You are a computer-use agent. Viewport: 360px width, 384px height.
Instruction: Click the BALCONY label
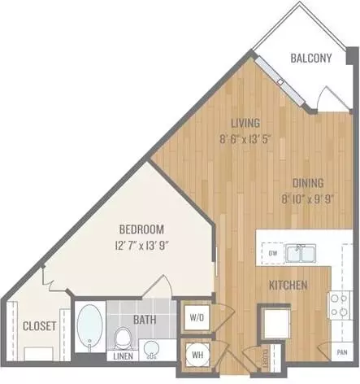[311, 58]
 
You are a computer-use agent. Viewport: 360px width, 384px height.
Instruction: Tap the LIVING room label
[245, 123]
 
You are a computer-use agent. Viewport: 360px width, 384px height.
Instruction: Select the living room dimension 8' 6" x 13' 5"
[245, 139]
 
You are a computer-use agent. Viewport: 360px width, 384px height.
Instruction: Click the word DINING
[308, 183]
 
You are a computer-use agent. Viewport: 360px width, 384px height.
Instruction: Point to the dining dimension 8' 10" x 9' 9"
[307, 199]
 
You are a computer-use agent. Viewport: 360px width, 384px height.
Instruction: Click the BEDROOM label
[141, 229]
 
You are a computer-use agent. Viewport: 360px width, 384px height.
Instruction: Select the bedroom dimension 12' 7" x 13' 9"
[142, 246]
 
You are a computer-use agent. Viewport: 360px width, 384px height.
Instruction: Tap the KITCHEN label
[288, 285]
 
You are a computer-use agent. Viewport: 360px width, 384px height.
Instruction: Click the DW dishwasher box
[273, 253]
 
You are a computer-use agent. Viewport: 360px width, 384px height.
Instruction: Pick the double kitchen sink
[301, 253]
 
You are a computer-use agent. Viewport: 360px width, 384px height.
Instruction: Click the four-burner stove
[340, 305]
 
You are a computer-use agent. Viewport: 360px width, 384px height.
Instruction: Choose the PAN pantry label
[342, 352]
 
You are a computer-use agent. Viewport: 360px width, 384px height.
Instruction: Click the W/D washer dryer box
[197, 317]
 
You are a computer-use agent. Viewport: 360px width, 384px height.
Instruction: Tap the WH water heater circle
[197, 355]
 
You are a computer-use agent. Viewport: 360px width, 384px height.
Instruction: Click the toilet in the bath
[123, 338]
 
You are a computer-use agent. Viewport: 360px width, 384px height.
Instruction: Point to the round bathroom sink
[150, 348]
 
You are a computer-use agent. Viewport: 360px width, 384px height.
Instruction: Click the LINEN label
[123, 356]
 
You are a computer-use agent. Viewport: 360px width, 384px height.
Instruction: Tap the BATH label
[145, 320]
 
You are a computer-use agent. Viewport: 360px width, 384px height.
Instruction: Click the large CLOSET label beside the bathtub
[40, 325]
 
